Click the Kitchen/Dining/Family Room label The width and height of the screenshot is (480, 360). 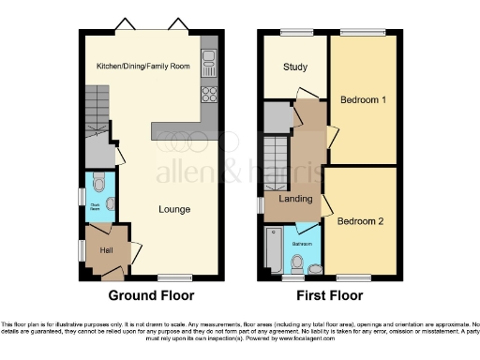coord(143,67)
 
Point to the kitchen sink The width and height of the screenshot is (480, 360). coord(209,64)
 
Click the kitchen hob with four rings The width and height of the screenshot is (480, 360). coord(209,95)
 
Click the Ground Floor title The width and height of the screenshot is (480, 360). coord(151,295)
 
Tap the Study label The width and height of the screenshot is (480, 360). coord(295,67)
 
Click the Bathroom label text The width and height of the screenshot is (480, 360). coord(303,243)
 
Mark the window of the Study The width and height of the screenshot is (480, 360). coord(295,33)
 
